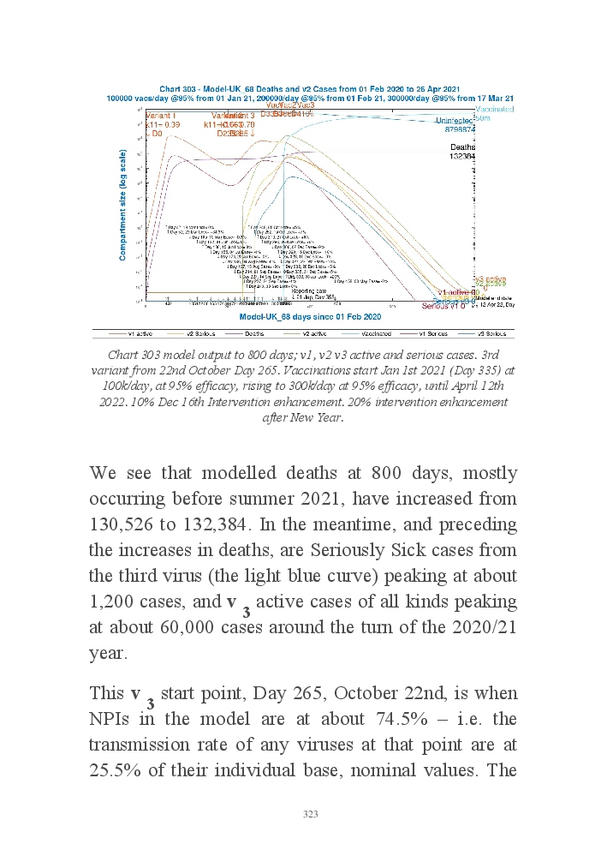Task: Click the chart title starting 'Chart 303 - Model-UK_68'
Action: coord(310,89)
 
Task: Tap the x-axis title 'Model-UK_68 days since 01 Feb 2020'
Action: coord(310,317)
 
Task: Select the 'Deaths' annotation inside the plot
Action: coord(462,147)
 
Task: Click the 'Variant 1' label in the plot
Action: coord(161,115)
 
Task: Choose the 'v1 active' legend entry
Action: coord(140,333)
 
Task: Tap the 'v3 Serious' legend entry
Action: coord(485,333)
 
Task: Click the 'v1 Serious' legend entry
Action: coord(425,333)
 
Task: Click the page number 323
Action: coord(310,814)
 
